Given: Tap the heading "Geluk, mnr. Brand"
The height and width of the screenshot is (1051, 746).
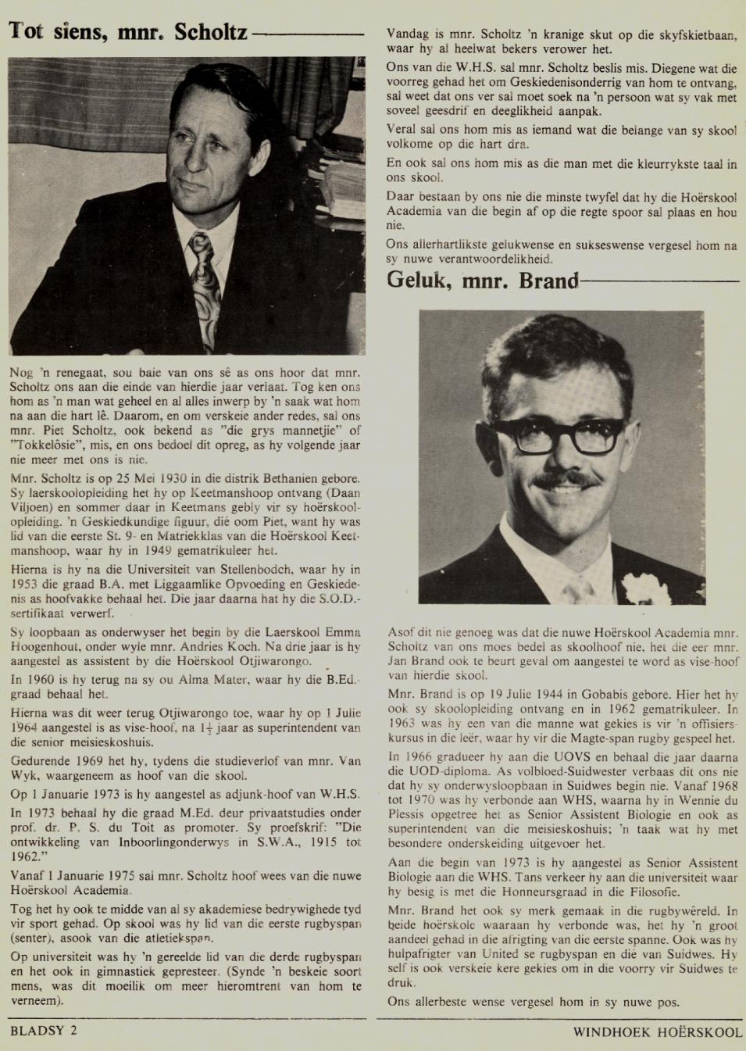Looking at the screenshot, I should [x=484, y=281].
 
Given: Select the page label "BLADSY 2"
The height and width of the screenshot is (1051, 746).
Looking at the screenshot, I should [x=44, y=1030].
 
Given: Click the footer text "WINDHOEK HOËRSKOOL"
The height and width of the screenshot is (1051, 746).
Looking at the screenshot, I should [x=658, y=1031].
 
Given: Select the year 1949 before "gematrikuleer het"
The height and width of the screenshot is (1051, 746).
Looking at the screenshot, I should [x=158, y=550].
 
